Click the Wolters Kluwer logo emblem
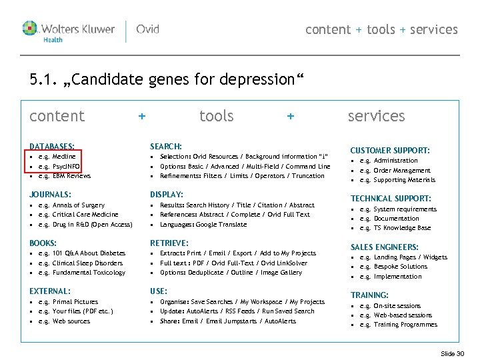(31, 29)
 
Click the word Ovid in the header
(148, 29)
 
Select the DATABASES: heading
(52, 146)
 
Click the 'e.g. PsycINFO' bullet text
(59, 166)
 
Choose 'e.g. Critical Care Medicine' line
(78, 215)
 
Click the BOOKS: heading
(43, 243)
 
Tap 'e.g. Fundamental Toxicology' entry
(81, 273)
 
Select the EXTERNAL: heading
(49, 291)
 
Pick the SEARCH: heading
(166, 146)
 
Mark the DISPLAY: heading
(167, 195)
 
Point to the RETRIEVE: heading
(169, 243)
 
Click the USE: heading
(159, 291)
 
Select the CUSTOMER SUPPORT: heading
(390, 151)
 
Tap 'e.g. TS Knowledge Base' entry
(395, 228)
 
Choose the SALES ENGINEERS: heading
(385, 247)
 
